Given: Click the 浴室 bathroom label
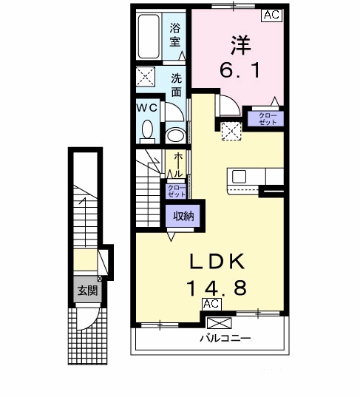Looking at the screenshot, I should click(x=176, y=35).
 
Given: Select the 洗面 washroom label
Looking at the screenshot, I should click(x=177, y=85).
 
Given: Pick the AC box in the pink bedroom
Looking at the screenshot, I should click(x=271, y=14).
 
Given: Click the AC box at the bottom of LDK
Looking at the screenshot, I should click(x=211, y=304).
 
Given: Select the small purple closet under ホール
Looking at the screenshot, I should click(x=176, y=191).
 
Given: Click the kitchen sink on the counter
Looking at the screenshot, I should click(x=240, y=177).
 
